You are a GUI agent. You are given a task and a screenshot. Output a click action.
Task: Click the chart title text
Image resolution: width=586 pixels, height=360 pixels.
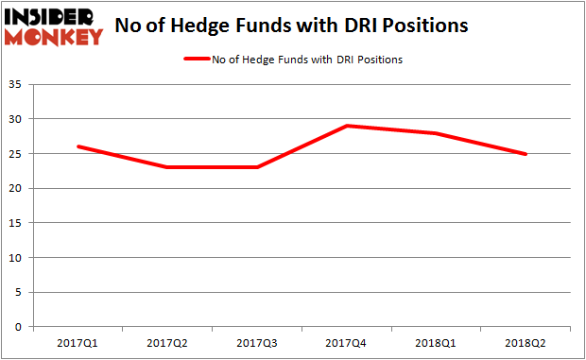coord(291,26)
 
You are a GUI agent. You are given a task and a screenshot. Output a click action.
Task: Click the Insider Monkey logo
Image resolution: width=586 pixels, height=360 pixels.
coord(54,26)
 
